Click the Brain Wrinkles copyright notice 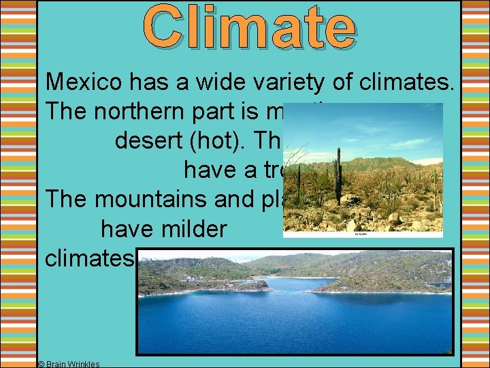[69, 364]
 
